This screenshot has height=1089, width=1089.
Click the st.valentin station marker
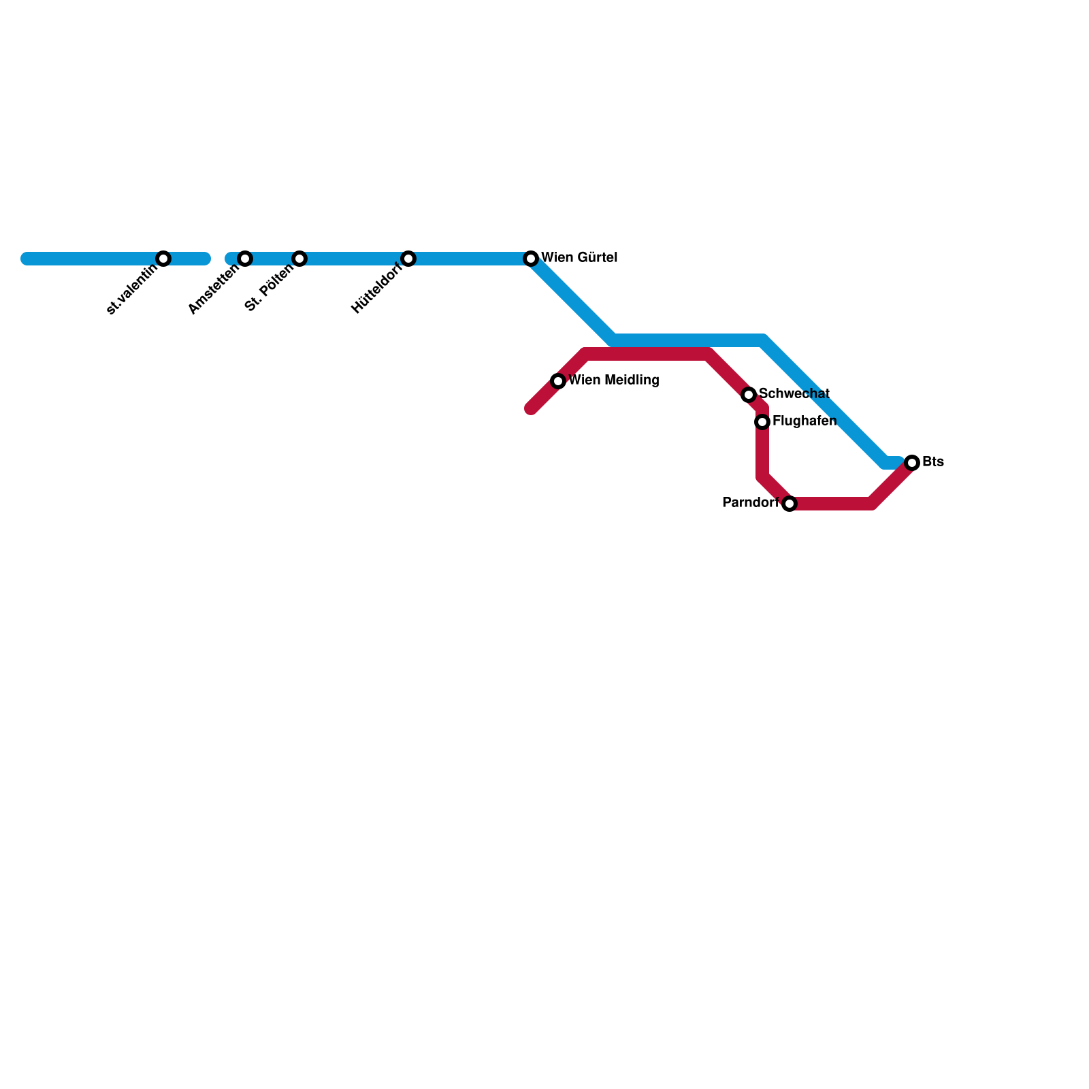[x=163, y=259]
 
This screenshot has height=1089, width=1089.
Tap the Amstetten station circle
[x=245, y=259]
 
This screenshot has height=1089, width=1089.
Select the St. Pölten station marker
[x=299, y=259]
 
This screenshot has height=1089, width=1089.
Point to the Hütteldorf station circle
[x=408, y=259]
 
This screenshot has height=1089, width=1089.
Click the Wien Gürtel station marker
[x=531, y=259]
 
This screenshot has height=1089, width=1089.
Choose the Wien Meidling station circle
[x=558, y=381]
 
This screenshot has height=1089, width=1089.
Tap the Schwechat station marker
[x=749, y=395]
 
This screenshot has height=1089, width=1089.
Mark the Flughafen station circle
[x=762, y=422]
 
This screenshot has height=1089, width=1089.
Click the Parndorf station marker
[x=790, y=504]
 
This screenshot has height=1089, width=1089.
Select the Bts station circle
[x=912, y=463]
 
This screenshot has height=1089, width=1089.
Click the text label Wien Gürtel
[x=579, y=258]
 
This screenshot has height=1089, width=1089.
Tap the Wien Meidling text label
[x=613, y=380]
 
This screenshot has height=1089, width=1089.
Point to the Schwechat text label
[x=794, y=394]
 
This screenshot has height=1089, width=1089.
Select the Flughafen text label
[x=804, y=421]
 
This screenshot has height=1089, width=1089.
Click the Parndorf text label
[x=749, y=503]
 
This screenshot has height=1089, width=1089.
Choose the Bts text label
[x=933, y=462]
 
